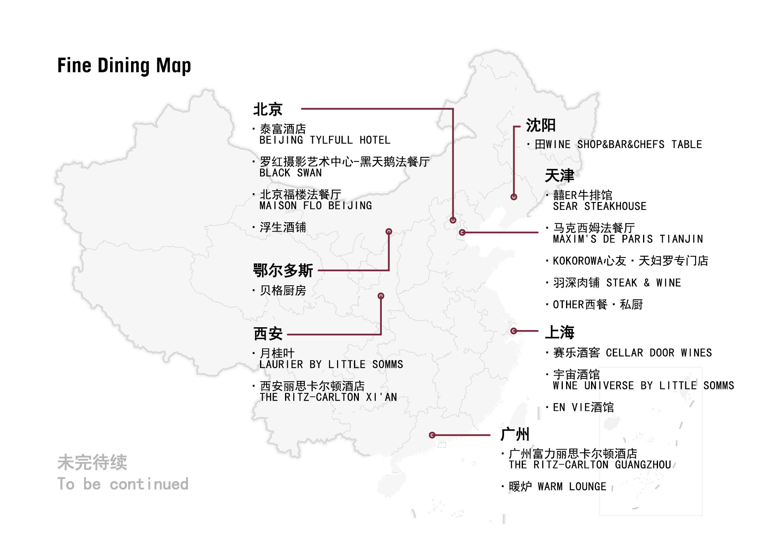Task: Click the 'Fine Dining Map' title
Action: click(124, 66)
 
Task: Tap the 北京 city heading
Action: click(268, 109)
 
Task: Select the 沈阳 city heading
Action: click(541, 125)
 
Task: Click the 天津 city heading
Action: click(559, 176)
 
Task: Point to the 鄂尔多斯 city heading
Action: click(283, 270)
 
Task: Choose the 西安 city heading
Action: click(268, 334)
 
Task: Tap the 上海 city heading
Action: click(559, 332)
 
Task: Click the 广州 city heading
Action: click(514, 435)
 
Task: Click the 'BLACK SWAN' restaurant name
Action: click(290, 173)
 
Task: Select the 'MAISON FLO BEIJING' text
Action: click(315, 206)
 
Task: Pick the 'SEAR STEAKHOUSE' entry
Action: click(599, 207)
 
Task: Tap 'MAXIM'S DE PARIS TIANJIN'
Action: click(627, 239)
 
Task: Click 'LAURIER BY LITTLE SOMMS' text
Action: click(331, 364)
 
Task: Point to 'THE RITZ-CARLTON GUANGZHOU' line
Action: click(589, 465)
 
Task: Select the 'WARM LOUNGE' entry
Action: click(571, 487)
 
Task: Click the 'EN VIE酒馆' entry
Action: click(583, 408)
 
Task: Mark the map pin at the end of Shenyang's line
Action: click(514, 197)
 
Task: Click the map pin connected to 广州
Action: click(432, 435)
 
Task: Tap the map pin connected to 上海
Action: click(514, 331)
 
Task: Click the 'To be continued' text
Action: click(123, 484)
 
